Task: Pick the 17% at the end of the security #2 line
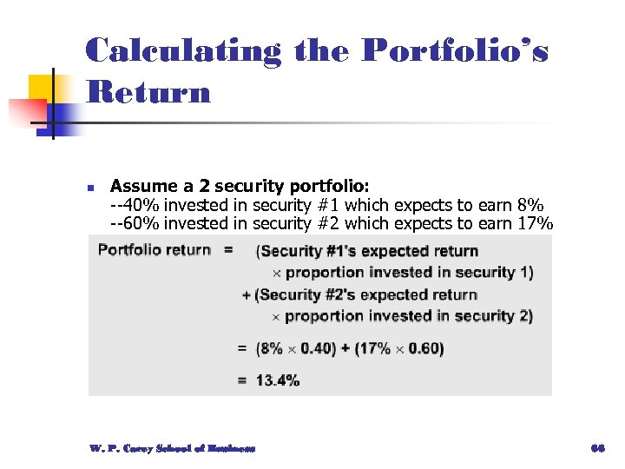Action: click(x=532, y=223)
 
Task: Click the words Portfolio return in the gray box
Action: click(x=154, y=250)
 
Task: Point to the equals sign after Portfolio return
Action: click(x=228, y=250)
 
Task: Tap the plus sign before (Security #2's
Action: click(x=247, y=295)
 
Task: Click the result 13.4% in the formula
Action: click(x=277, y=380)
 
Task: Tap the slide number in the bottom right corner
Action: click(x=596, y=448)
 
